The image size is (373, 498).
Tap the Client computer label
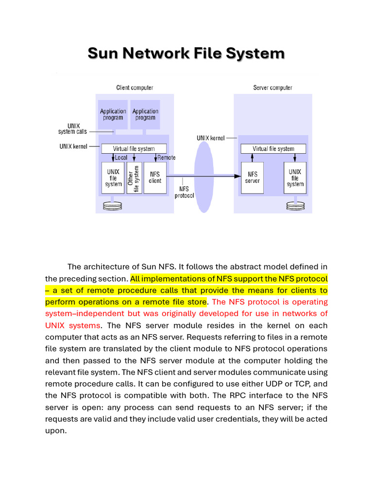pos(135,88)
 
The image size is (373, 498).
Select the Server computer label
pos(272,88)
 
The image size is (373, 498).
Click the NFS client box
pos(155,178)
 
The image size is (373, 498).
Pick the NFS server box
pos(253,178)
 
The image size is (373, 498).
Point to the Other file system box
pos(134,178)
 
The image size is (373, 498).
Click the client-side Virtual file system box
pos(134,149)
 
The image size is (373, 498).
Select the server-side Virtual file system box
pos(273,149)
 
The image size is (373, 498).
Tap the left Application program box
pos(113,115)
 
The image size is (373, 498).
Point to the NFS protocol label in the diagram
pos(184,192)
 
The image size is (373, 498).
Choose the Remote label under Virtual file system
pos(166,158)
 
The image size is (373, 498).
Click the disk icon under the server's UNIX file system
pos(295,206)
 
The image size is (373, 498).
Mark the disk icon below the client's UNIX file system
pos(113,206)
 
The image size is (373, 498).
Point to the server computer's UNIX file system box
pos(295,178)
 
